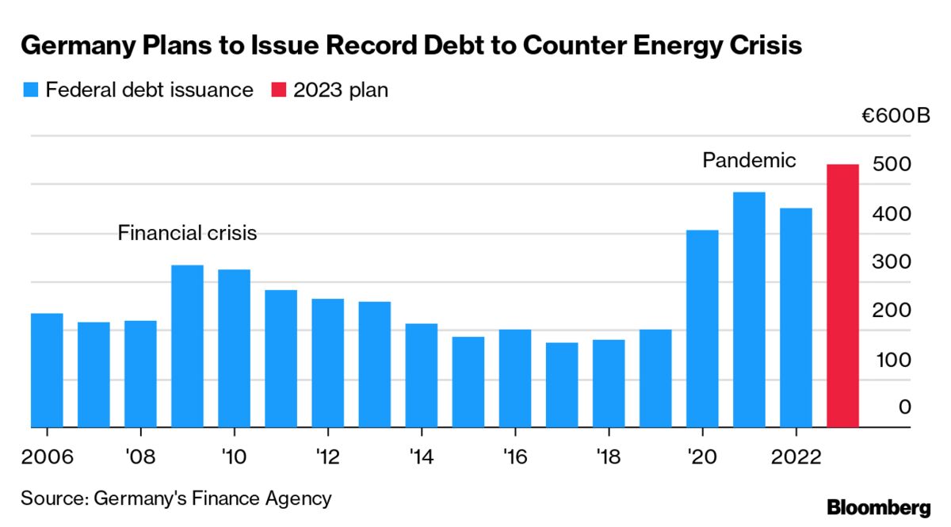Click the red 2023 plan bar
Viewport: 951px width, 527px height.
[842, 296]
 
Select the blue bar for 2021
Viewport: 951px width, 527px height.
[749, 309]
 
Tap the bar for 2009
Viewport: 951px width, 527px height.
[187, 346]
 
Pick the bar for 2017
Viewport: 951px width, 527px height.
[562, 384]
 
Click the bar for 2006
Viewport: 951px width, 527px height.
[47, 370]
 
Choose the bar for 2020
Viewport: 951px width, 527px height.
[702, 328]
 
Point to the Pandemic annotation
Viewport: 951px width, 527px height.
[749, 161]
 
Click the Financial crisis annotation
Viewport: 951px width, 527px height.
[188, 233]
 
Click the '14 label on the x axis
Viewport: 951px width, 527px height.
[422, 457]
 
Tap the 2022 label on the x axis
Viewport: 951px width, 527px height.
[796, 457]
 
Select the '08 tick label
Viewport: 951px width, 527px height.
[140, 457]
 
